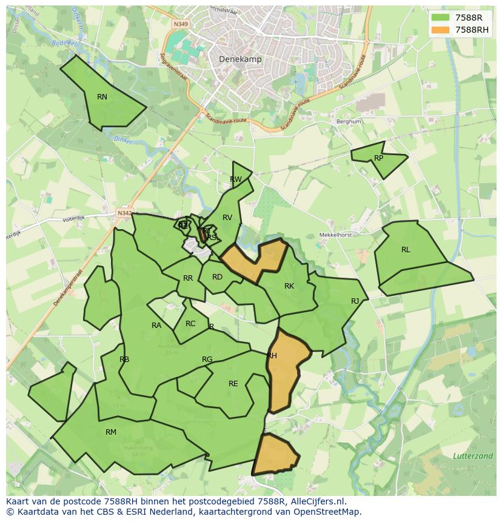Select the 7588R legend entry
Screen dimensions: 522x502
pyautogui.click(x=469, y=18)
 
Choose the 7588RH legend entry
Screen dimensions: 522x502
pyautogui.click(x=472, y=30)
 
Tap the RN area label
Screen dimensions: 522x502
pyautogui.click(x=102, y=96)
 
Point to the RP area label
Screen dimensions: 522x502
pyautogui.click(x=378, y=158)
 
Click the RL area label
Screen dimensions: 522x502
pyautogui.click(x=406, y=249)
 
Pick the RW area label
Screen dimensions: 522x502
pyautogui.click(x=236, y=179)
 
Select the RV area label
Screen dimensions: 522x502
pyautogui.click(x=227, y=217)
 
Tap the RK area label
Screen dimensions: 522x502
pyautogui.click(x=289, y=286)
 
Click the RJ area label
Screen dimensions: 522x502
pyautogui.click(x=355, y=301)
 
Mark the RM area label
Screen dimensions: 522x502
pyautogui.click(x=111, y=432)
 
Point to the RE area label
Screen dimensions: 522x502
pyautogui.click(x=233, y=383)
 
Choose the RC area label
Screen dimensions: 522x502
pyautogui.click(x=190, y=323)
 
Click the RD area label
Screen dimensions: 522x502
pyautogui.click(x=217, y=276)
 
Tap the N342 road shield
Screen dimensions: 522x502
pyautogui.click(x=124, y=213)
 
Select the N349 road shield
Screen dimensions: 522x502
pyautogui.click(x=180, y=24)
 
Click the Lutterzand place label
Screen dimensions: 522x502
pyautogui.click(x=473, y=455)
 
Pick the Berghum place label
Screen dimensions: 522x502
pyautogui.click(x=349, y=121)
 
